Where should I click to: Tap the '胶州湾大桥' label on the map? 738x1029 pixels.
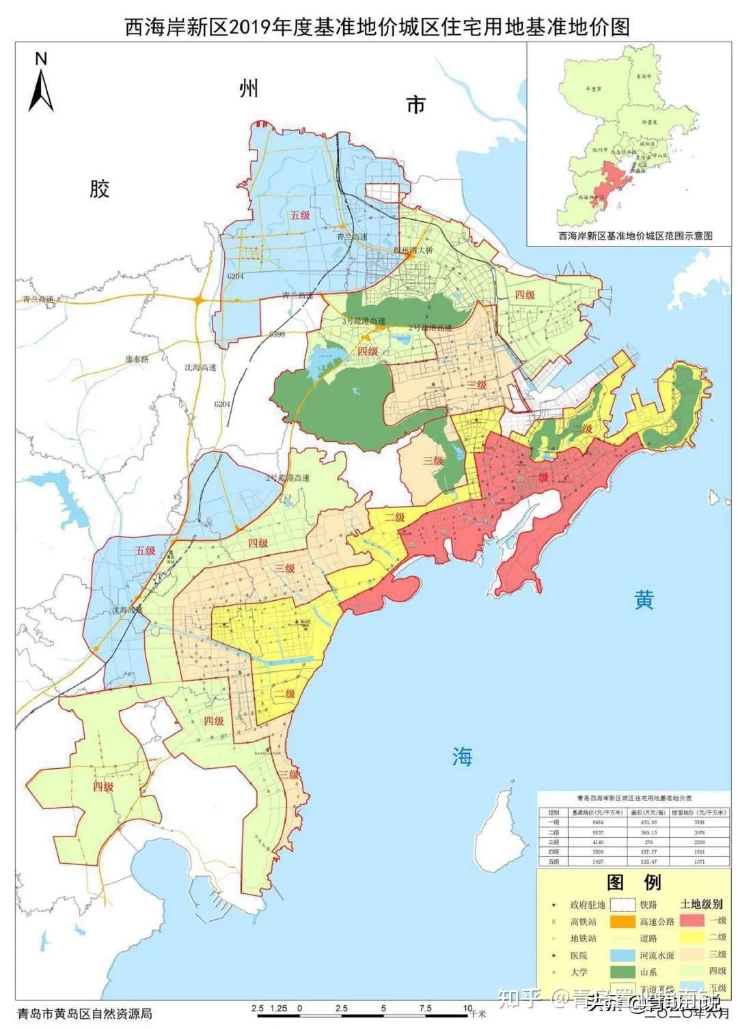click(x=413, y=250)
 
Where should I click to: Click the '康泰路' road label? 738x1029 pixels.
click(x=136, y=358)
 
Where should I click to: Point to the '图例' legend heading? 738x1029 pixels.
click(x=634, y=882)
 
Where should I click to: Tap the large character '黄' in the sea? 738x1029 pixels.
click(x=644, y=600)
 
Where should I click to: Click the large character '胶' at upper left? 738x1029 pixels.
click(x=99, y=189)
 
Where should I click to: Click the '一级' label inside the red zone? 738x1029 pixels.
click(x=539, y=477)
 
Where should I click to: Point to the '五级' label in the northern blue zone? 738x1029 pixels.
click(x=300, y=215)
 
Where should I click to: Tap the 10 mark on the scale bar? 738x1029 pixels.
click(x=467, y=1009)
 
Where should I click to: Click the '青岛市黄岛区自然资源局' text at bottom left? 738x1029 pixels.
click(x=85, y=1013)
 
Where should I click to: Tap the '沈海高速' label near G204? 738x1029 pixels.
click(x=200, y=367)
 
